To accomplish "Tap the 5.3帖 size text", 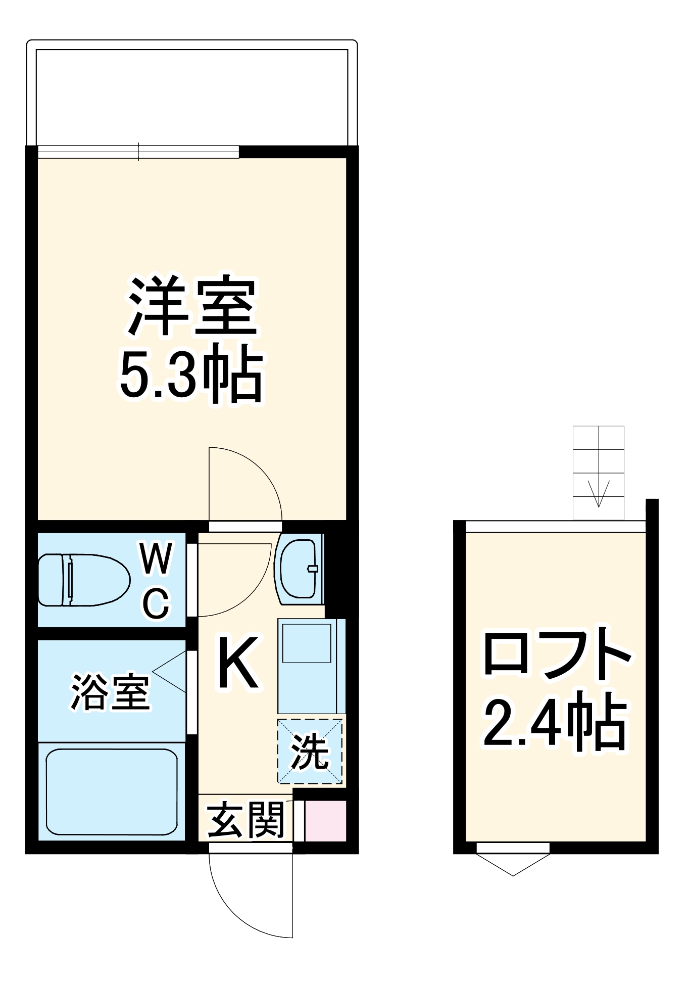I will pyautogui.click(x=191, y=374).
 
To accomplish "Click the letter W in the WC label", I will pyautogui.click(x=156, y=559).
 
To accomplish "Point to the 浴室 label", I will pyautogui.click(x=110, y=691).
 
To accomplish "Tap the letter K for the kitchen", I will pyautogui.click(x=238, y=663).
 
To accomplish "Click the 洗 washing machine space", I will pyautogui.click(x=310, y=752).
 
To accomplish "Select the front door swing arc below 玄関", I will pyautogui.click(x=237, y=910).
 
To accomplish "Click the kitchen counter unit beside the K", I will pyautogui.click(x=311, y=665).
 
